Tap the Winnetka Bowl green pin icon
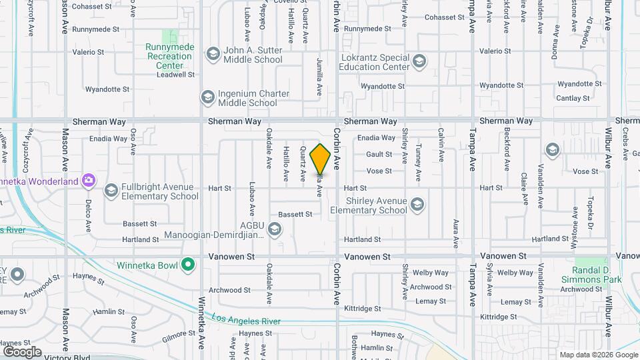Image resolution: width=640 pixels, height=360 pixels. [189, 265]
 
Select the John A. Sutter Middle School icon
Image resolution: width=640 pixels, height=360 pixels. [213, 54]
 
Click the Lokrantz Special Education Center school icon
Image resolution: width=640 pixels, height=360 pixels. [419, 63]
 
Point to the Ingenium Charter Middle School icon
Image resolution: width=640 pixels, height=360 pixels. [207, 98]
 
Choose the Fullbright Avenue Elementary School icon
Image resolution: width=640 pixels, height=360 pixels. [111, 191]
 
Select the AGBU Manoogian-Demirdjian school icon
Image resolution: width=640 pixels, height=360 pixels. [273, 230]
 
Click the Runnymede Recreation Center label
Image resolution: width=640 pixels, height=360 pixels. [169, 56]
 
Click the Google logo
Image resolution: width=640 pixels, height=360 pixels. [22, 351]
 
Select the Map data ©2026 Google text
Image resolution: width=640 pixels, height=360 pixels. [598, 355]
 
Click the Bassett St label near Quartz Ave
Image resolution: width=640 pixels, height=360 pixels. [295, 215]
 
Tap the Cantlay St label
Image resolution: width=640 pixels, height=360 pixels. [573, 98]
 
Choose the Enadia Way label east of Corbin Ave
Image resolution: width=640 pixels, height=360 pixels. [376, 138]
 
